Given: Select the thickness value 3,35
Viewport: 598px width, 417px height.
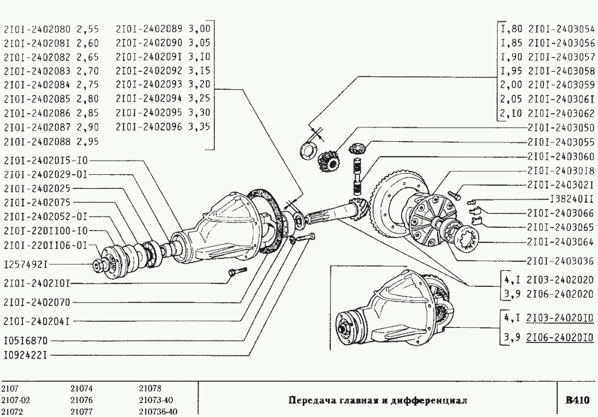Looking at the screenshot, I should point(199,127).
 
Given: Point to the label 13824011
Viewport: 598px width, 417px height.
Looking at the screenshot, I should point(572,198).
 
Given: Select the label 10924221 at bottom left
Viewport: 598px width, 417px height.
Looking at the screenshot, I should point(25,355).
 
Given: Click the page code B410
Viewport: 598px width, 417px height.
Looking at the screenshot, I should point(577,400).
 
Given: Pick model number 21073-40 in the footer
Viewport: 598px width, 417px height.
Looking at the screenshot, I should point(155,400).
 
